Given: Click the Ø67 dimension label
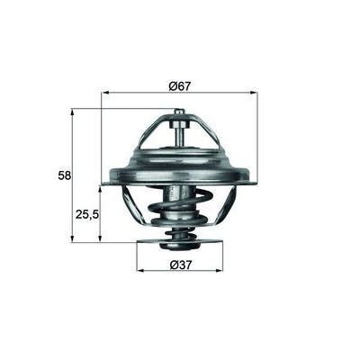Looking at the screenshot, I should click(x=178, y=85).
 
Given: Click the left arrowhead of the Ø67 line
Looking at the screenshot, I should click(x=105, y=93).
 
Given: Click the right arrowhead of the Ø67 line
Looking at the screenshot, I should click(x=254, y=93).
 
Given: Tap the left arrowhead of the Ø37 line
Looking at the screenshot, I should click(x=139, y=270).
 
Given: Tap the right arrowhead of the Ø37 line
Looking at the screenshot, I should click(x=220, y=270).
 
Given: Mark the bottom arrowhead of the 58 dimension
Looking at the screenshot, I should click(x=73, y=239).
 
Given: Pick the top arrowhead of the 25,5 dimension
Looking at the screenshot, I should click(x=100, y=186).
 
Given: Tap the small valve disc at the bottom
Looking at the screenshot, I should click(x=180, y=241).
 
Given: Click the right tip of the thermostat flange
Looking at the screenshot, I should click(x=255, y=183).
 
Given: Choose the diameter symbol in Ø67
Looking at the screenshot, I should click(x=170, y=85).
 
